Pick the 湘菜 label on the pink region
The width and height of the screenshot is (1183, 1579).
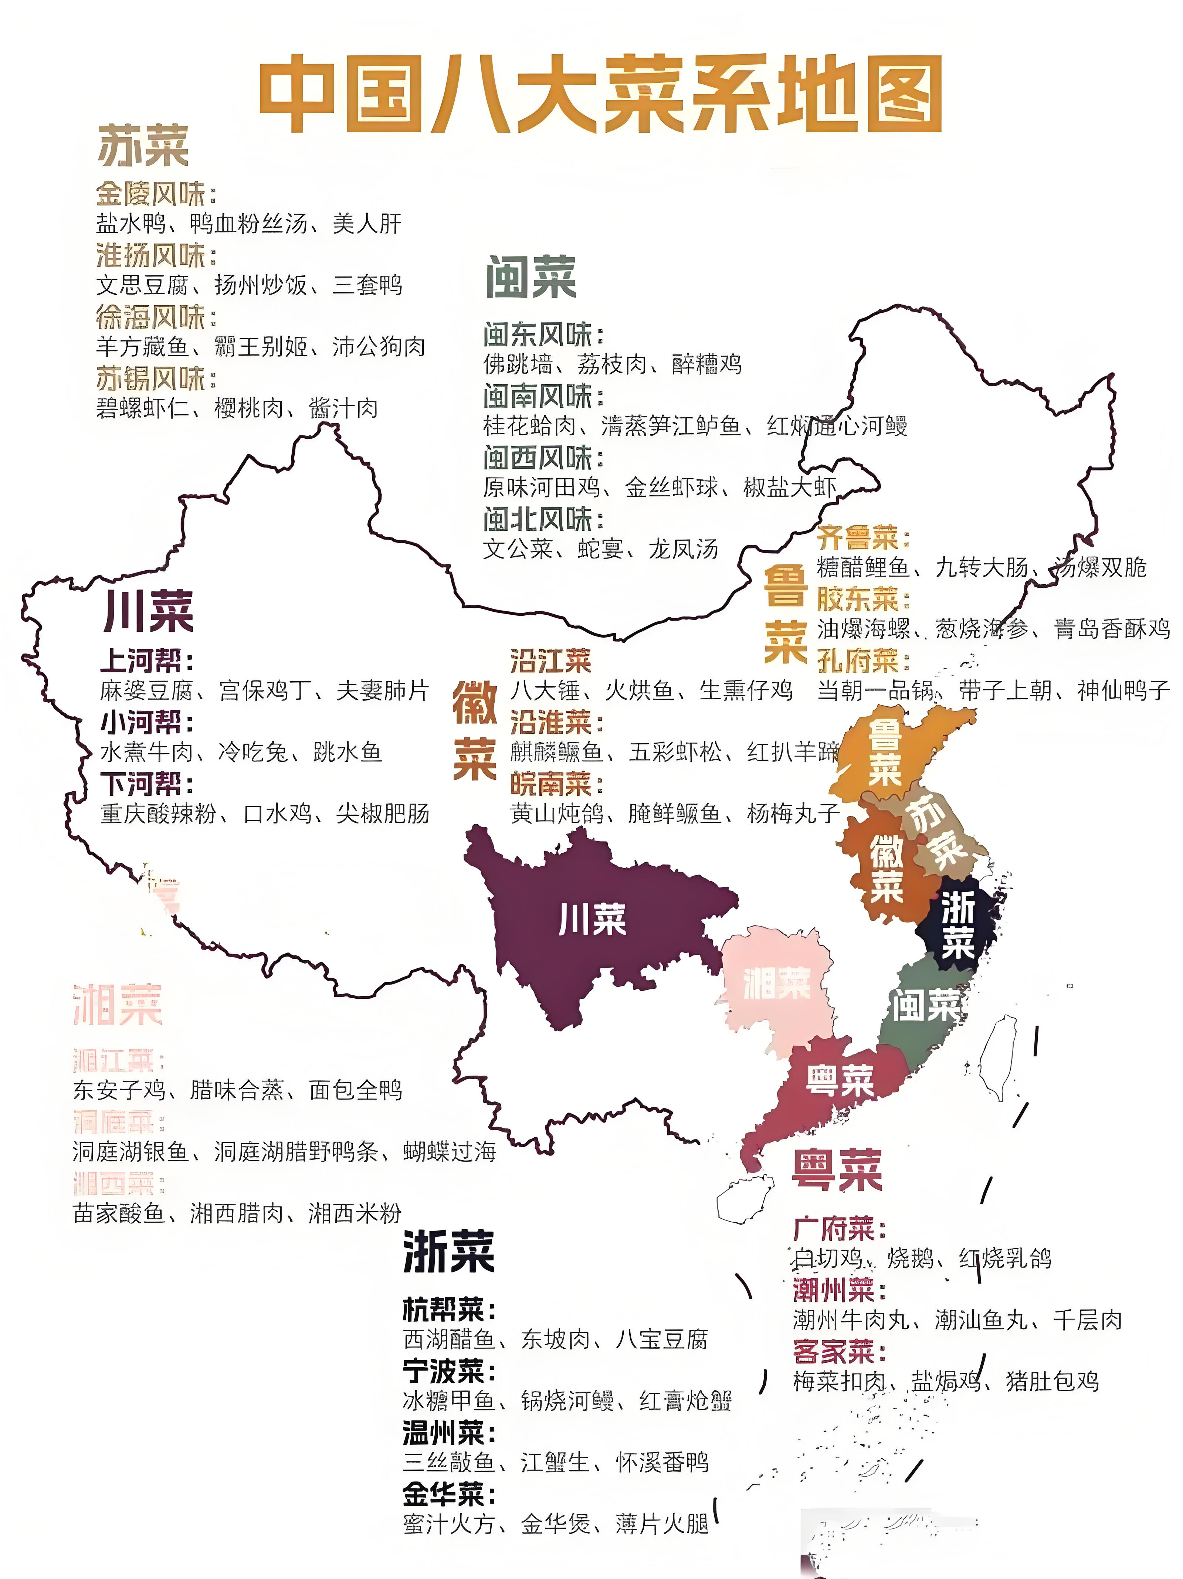(x=777, y=984)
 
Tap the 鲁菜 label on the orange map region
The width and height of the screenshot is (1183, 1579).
(x=884, y=753)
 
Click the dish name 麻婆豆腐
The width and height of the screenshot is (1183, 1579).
(x=146, y=690)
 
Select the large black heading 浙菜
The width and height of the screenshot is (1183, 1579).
(x=448, y=1252)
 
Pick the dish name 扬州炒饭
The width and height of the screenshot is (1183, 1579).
(x=261, y=286)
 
